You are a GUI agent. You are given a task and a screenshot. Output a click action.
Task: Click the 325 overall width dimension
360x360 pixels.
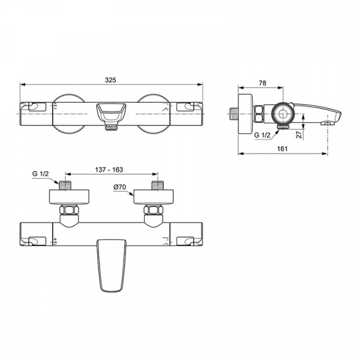tap(110, 80)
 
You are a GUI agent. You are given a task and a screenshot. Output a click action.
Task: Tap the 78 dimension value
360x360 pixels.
tap(262, 83)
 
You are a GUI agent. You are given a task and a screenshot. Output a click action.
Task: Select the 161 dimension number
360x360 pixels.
tap(282, 149)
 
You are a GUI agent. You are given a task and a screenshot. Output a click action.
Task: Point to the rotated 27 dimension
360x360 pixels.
tap(299, 134)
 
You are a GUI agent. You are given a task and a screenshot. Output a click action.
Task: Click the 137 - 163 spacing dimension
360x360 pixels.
tap(109, 170)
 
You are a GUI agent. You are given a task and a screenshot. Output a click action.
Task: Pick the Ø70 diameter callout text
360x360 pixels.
tap(119, 187)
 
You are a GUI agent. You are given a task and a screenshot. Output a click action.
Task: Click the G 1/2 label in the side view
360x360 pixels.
tap(262, 135)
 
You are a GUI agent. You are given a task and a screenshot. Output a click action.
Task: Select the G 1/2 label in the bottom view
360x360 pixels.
tap(40, 173)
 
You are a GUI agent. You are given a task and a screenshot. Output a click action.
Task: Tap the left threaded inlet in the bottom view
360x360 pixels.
tap(65, 185)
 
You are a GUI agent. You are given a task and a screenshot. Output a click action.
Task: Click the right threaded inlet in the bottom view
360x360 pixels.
tap(158, 185)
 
